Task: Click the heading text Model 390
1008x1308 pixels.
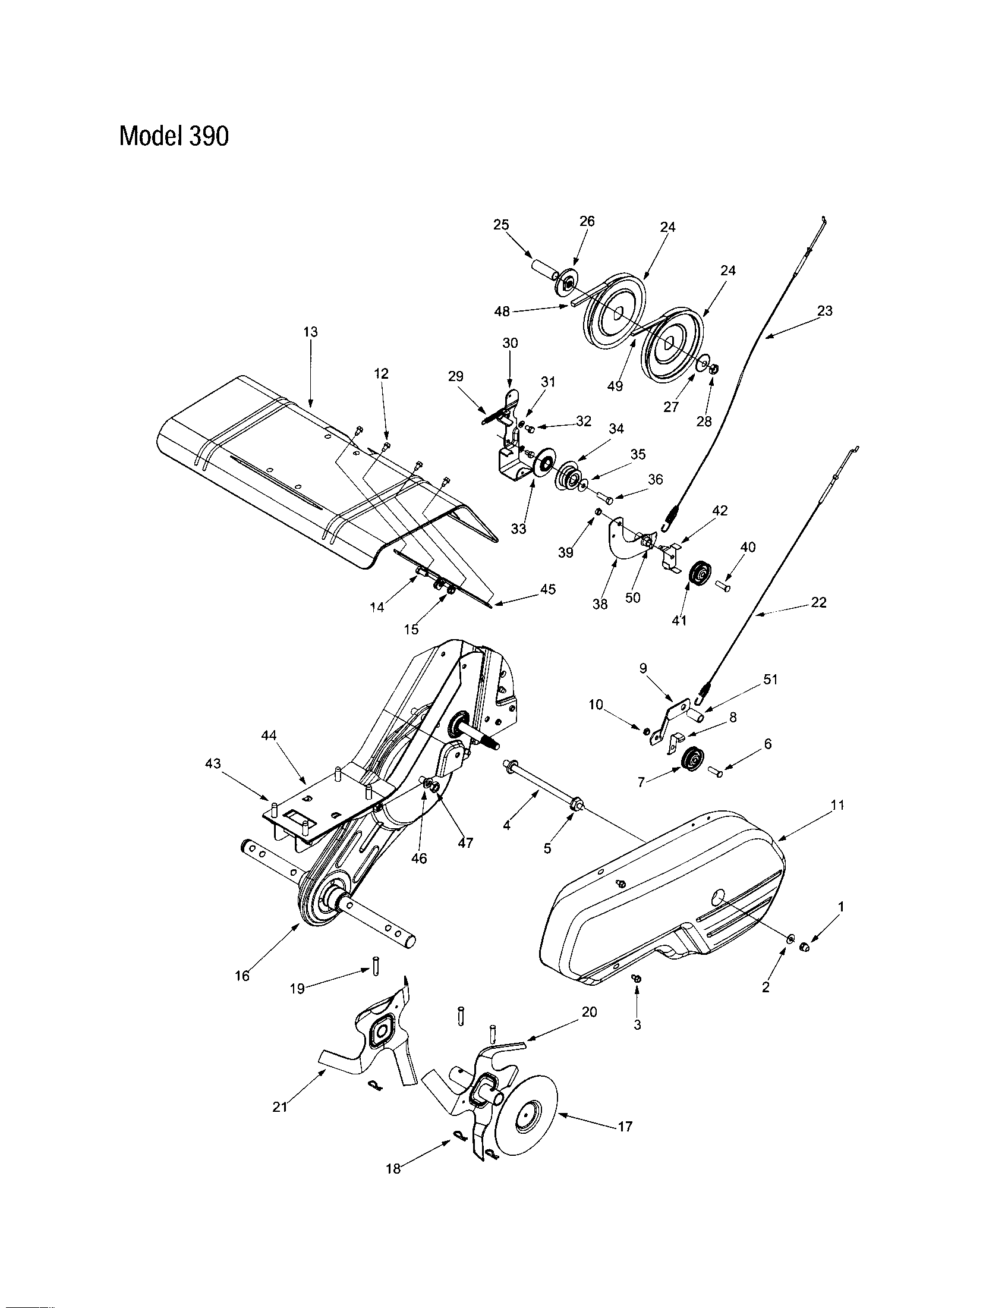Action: pos(174,137)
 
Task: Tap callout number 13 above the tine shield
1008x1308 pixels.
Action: pos(311,332)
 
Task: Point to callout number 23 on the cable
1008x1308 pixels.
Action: pos(824,311)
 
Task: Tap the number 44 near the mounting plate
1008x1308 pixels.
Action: pos(269,735)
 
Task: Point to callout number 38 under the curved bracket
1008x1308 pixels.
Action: pos(600,604)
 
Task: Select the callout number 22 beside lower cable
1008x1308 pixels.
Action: pos(818,602)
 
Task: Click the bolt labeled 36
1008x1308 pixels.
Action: pos(605,496)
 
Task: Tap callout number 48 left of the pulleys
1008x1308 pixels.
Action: pos(502,311)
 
